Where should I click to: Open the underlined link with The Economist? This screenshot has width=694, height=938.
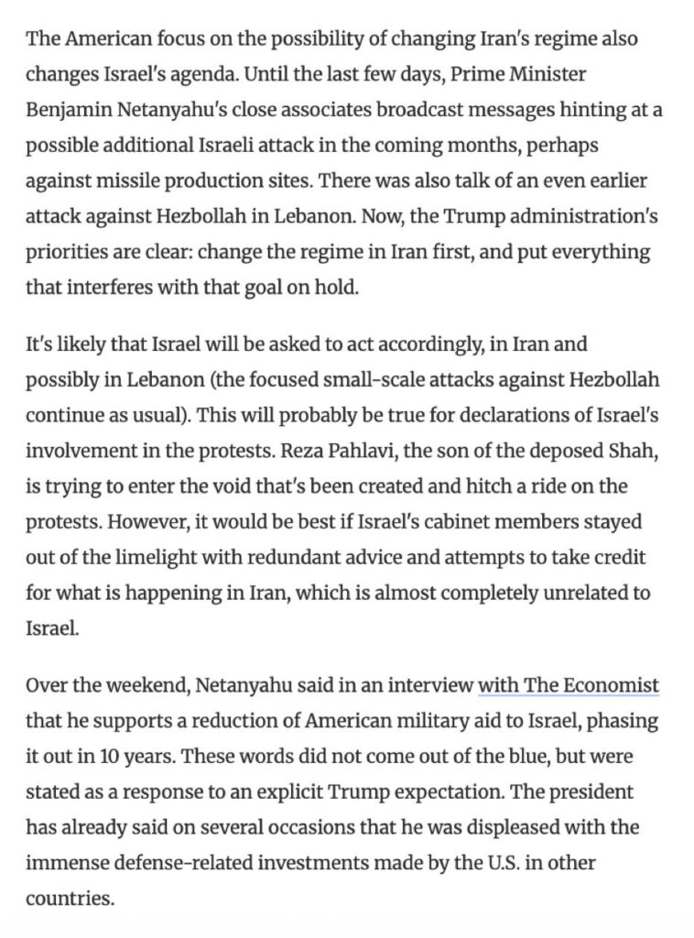point(569,686)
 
